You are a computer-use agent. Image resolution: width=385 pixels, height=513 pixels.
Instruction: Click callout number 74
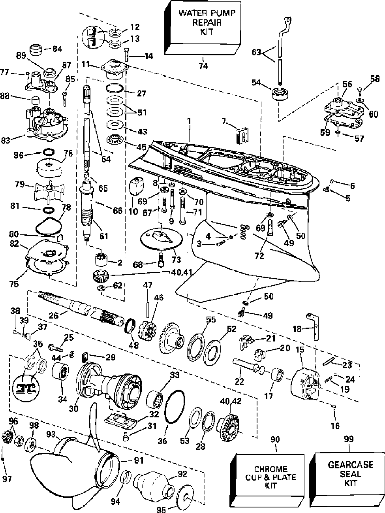coord(203,66)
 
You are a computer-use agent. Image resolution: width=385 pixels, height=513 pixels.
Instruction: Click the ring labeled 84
coord(38,50)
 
